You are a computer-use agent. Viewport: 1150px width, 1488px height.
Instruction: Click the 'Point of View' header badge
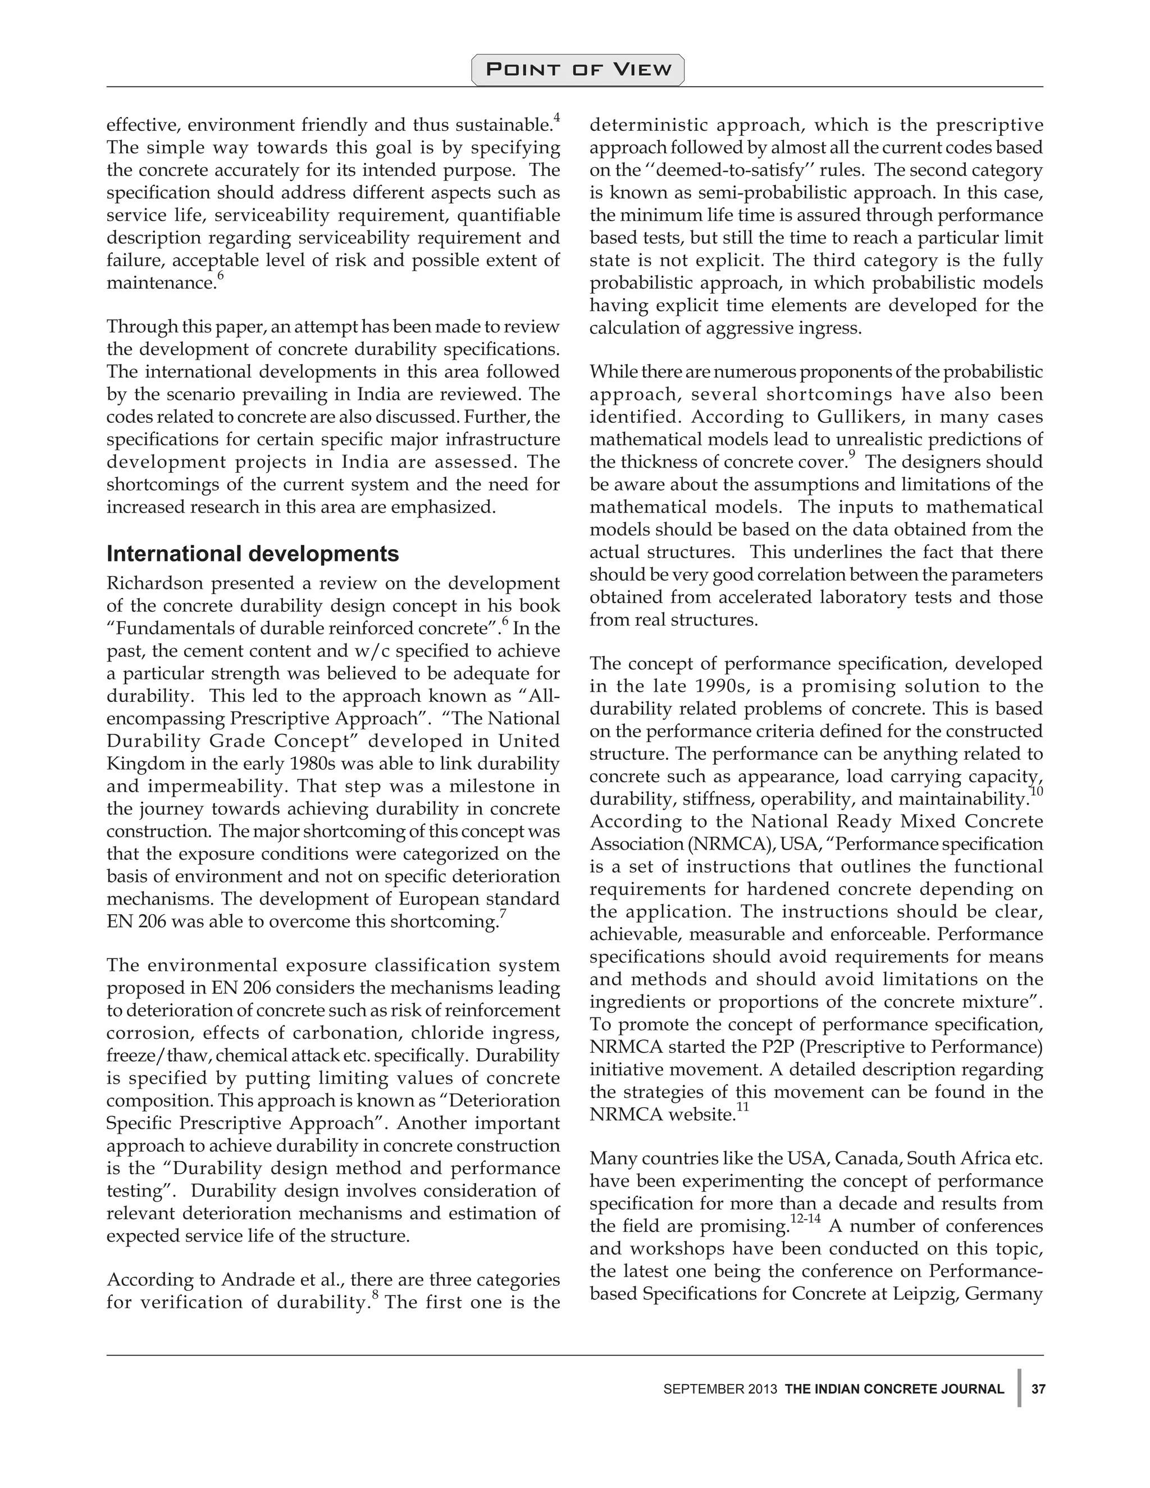[x=578, y=70]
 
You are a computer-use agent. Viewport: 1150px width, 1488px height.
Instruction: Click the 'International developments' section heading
[x=252, y=553]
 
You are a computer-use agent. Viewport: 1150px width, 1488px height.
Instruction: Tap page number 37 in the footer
[x=1038, y=1389]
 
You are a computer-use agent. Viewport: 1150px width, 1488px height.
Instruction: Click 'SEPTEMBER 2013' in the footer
[x=720, y=1389]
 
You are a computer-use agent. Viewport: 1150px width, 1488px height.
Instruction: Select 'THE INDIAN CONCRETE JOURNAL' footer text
[x=895, y=1389]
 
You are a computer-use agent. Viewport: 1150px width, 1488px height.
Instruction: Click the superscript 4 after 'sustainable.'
[x=556, y=118]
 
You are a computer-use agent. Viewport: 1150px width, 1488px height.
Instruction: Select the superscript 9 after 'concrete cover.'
[x=852, y=454]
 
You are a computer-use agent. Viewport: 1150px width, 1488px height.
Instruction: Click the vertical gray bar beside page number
[x=1019, y=1388]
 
